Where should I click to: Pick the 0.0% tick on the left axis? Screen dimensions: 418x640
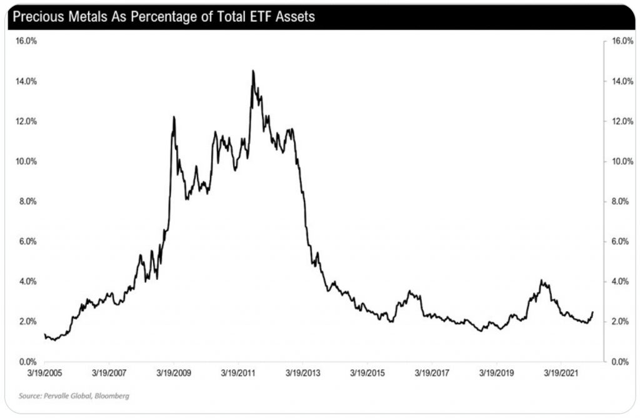coord(26,362)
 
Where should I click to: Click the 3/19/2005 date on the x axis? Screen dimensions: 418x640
coord(44,373)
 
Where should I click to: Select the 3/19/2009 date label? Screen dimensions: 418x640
coord(174,373)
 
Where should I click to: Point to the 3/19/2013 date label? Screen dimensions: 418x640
coord(302,373)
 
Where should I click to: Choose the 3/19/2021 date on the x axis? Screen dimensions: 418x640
coord(561,373)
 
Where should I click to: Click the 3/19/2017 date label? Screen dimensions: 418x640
coord(432,373)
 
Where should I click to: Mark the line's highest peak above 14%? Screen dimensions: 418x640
coord(253,71)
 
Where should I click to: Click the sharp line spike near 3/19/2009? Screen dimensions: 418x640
coord(174,117)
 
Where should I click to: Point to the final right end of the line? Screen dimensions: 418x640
coord(592,312)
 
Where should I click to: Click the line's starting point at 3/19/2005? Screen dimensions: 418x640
coord(44,334)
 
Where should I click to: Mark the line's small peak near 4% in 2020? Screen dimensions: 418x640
coord(542,281)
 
